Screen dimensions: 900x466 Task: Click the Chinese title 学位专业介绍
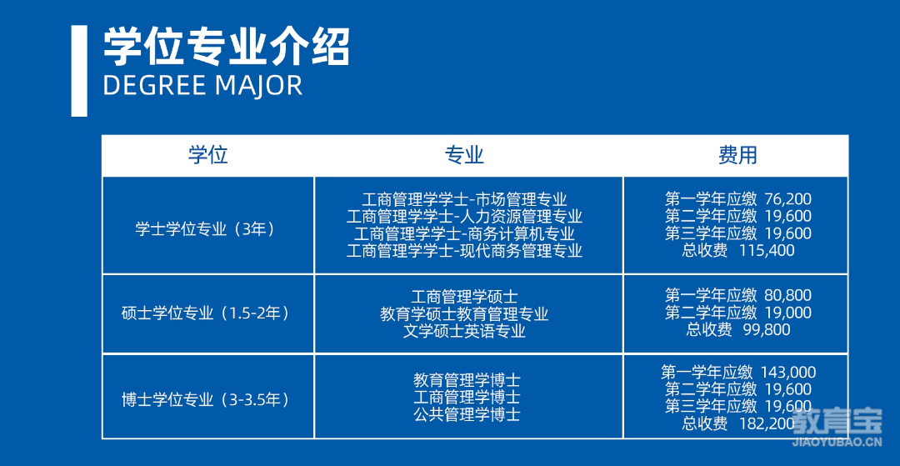tap(226, 47)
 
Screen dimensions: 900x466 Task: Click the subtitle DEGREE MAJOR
tap(202, 86)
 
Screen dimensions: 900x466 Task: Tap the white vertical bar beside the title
tap(79, 71)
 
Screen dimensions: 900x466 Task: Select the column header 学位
tap(208, 156)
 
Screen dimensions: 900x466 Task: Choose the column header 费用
tap(737, 156)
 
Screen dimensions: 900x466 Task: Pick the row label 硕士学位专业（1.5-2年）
tap(207, 314)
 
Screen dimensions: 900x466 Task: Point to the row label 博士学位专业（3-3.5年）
tap(207, 399)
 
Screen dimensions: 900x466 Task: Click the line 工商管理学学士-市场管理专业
tap(464, 200)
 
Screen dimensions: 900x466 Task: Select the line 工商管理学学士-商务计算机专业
tap(464, 233)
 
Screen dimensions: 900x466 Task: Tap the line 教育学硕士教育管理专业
tap(464, 314)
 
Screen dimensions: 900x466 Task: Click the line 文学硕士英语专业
tap(464, 331)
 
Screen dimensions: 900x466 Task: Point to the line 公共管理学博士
tap(467, 413)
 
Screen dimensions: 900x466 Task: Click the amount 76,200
tap(788, 199)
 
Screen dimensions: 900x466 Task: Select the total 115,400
tap(767, 250)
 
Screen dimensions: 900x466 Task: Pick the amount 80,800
tap(788, 296)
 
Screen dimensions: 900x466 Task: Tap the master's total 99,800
tap(767, 329)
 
